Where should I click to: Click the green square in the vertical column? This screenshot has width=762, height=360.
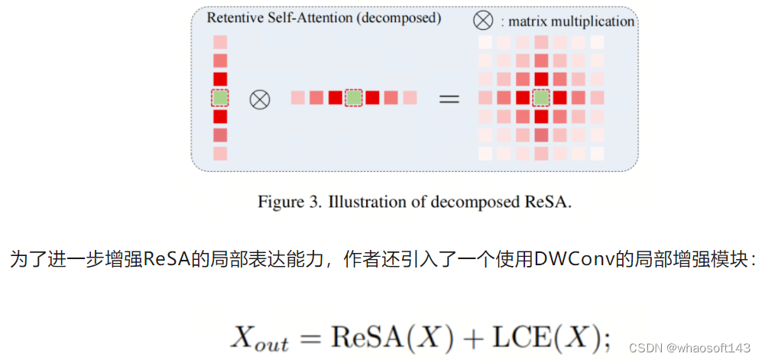click(x=220, y=98)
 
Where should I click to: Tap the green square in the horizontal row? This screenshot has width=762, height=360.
click(x=353, y=98)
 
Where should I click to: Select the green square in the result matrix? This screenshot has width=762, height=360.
click(x=541, y=98)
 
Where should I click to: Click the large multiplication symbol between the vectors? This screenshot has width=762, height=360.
click(x=261, y=99)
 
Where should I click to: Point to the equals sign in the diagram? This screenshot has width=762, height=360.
click(x=449, y=99)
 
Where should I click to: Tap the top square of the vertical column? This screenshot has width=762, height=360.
click(x=220, y=42)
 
